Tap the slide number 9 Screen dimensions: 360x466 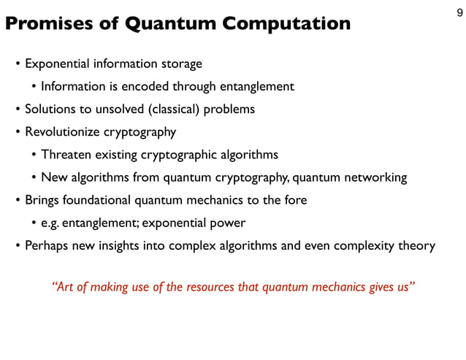[x=458, y=12]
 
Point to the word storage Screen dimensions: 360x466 [x=180, y=64]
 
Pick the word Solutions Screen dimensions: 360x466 [x=49, y=110]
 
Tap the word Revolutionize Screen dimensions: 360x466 [x=61, y=132]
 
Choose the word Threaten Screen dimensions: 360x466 [x=66, y=155]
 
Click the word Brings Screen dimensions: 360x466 [x=41, y=199]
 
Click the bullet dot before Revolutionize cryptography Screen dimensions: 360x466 [x=18, y=133]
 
